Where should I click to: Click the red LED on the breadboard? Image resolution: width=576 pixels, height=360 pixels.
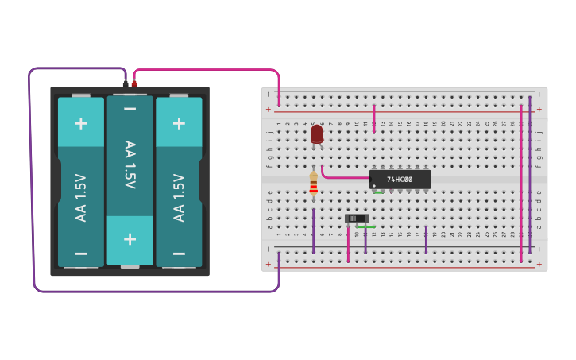point(317,134)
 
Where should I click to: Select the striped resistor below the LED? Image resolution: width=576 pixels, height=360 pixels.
point(314,184)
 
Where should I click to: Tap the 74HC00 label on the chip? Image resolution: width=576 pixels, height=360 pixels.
point(400,180)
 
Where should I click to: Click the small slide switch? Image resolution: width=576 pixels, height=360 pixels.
point(357,218)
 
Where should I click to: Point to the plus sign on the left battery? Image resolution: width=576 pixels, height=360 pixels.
point(80,123)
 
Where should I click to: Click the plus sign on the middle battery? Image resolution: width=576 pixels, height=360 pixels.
point(130,238)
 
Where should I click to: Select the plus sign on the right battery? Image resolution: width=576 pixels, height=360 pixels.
point(179,123)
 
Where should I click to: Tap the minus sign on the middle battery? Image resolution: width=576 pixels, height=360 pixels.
point(130,109)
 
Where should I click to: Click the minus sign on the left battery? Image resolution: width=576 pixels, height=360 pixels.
point(80,254)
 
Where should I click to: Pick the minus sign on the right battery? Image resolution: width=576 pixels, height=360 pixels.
point(179,254)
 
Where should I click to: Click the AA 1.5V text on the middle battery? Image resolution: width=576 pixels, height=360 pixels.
point(130,165)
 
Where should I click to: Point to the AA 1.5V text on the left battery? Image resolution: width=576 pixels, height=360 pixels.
point(80,197)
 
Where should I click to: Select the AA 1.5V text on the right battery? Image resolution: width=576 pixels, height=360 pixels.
point(179,197)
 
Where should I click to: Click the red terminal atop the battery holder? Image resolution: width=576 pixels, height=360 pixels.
point(134,83)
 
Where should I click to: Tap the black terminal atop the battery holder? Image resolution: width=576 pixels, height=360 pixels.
point(125,83)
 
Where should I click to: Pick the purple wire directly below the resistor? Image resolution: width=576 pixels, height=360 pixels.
point(314,230)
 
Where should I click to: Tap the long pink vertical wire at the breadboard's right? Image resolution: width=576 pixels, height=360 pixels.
point(521,183)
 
